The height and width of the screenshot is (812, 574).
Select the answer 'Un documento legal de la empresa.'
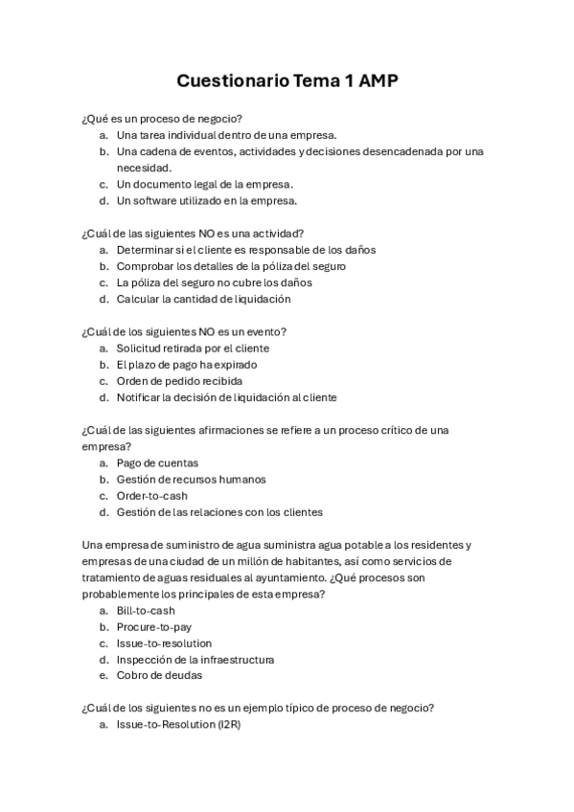(204, 184)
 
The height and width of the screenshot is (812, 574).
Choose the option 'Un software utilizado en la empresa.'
(206, 201)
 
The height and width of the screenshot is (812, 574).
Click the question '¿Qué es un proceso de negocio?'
(162, 118)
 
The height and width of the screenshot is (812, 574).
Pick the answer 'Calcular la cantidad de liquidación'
(203, 299)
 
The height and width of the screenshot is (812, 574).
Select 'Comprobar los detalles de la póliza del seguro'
(231, 266)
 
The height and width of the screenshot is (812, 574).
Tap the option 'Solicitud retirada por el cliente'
(193, 349)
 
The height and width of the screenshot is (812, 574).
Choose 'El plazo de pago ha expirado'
(186, 365)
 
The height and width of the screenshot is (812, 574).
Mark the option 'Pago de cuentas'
(157, 463)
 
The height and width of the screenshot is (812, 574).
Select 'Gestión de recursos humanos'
(191, 480)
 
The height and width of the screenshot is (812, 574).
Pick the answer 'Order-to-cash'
(151, 496)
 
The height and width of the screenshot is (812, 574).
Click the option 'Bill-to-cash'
(146, 611)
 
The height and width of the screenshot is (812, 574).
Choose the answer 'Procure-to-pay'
(153, 627)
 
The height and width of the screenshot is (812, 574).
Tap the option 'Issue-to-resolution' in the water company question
(164, 643)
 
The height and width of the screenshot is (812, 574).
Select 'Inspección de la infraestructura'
(195, 660)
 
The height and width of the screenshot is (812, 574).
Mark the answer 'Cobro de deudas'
(159, 676)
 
